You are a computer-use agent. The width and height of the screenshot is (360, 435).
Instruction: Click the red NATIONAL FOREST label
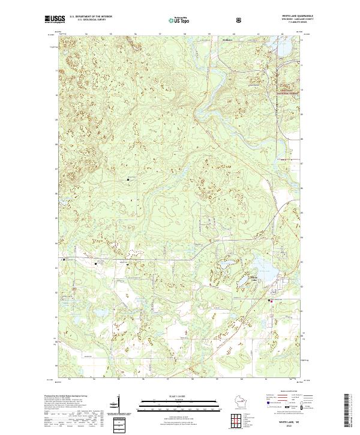click(286, 94)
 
